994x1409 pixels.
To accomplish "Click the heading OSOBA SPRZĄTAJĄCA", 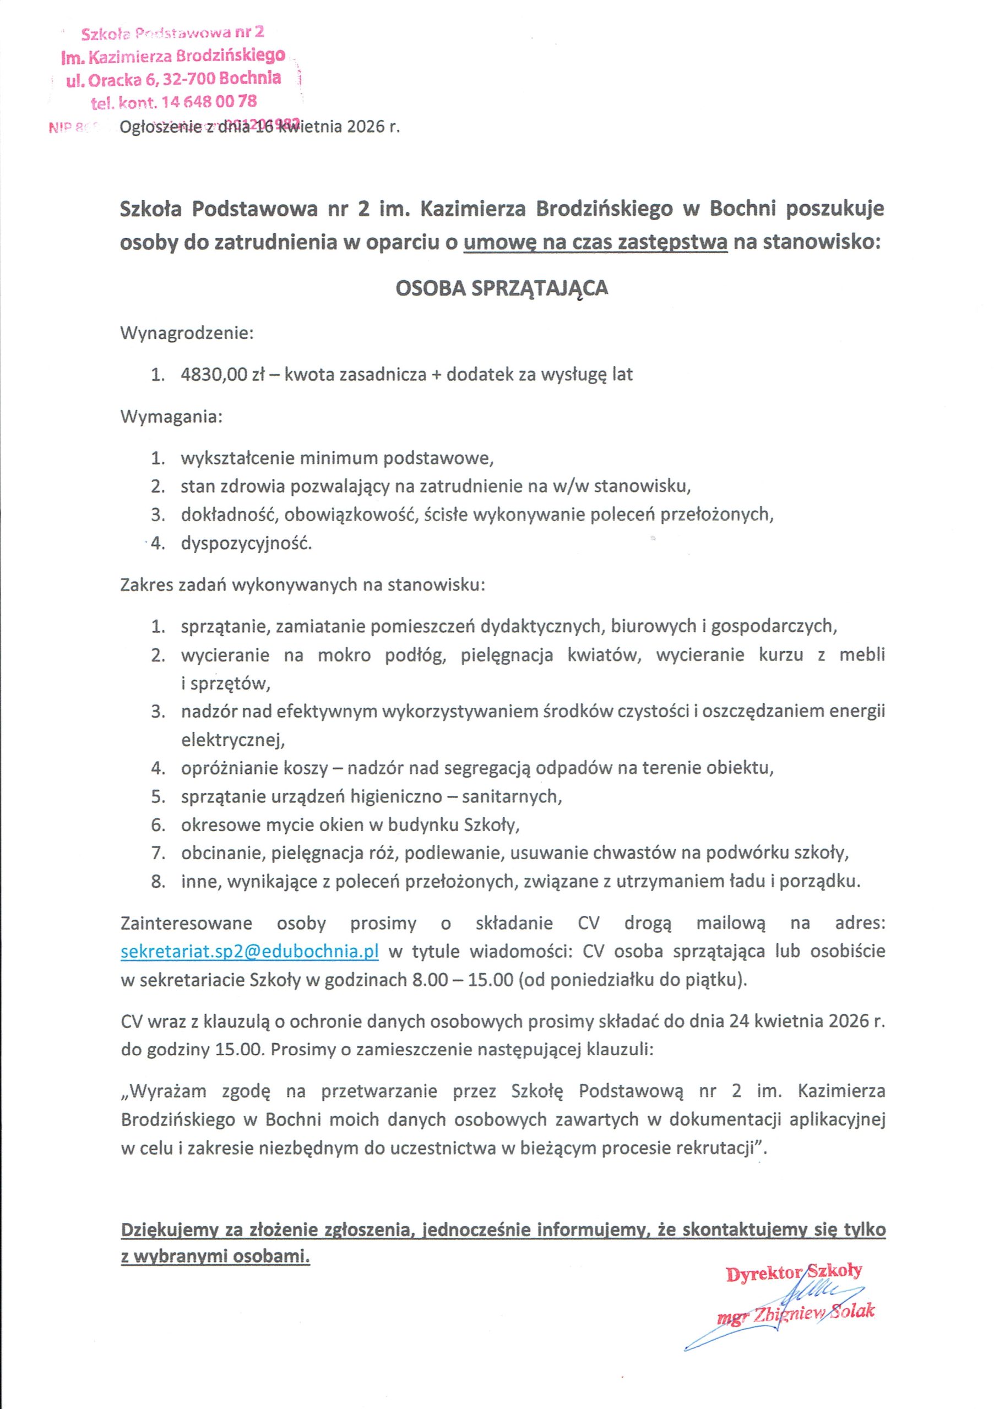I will pos(502,288).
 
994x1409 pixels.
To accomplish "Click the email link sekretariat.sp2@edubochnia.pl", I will pos(249,951).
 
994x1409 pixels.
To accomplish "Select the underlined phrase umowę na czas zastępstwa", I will pos(595,243).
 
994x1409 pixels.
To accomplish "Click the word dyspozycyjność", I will pos(246,544).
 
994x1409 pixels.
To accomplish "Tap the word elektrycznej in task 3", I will pos(233,740).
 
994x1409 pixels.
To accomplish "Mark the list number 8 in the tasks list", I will pos(159,882).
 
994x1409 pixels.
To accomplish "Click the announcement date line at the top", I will pos(260,128).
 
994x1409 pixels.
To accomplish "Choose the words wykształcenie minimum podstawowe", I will pos(336,458).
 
